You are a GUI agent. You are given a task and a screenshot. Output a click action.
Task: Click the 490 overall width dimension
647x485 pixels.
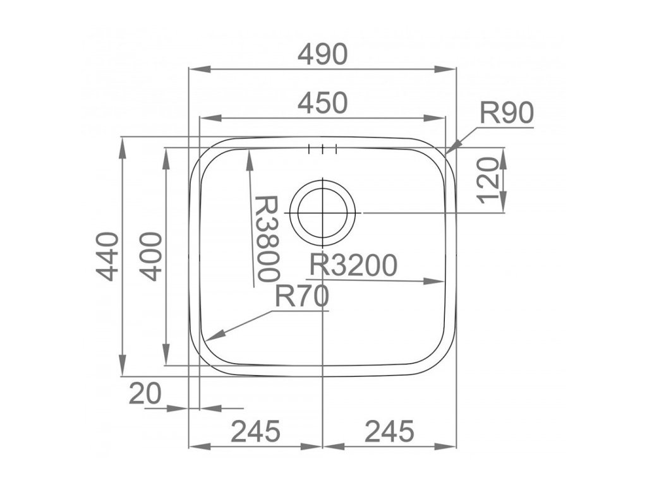(x=323, y=55)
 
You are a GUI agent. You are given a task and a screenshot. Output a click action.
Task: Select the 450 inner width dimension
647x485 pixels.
(x=323, y=103)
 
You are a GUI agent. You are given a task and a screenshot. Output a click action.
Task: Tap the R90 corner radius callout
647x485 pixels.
(x=507, y=114)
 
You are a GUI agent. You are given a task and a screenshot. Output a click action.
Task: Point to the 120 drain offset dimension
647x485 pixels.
(x=491, y=179)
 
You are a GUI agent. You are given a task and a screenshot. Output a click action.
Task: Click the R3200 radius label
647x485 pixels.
(x=353, y=265)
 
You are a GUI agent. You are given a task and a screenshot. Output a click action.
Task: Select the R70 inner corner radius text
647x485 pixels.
(x=303, y=297)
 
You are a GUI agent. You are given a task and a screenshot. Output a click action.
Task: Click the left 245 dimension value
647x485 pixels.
(x=255, y=431)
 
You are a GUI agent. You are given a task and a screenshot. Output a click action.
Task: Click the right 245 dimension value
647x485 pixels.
(x=389, y=431)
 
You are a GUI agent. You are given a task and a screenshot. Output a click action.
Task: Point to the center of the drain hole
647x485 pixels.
(x=323, y=213)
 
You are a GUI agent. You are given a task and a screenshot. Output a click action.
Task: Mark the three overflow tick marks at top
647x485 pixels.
(x=323, y=150)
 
